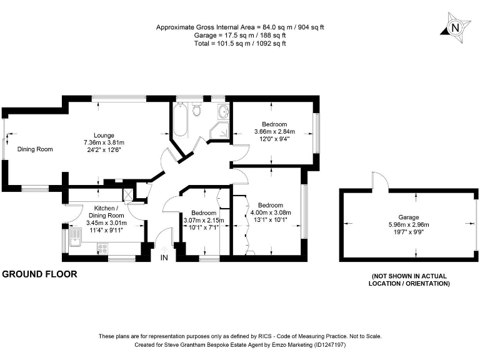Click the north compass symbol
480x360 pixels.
coord(455,27)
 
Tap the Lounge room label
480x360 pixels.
coord(104,135)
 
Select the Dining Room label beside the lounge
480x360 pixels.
coord(35,149)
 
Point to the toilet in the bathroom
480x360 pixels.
coord(197,111)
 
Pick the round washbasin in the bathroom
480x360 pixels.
coord(223,112)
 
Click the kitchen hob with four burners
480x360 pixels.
coord(103,249)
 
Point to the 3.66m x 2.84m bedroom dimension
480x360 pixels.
coord(274,132)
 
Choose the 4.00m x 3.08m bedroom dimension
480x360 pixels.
coord(270,212)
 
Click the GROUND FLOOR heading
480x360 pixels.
coord(40,274)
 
